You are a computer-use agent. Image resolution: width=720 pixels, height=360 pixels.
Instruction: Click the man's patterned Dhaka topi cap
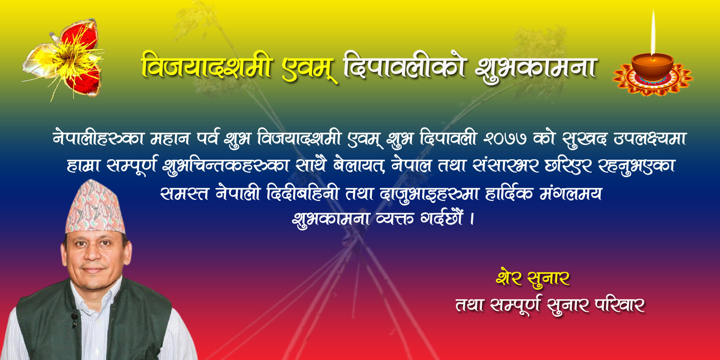pos(94,207)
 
